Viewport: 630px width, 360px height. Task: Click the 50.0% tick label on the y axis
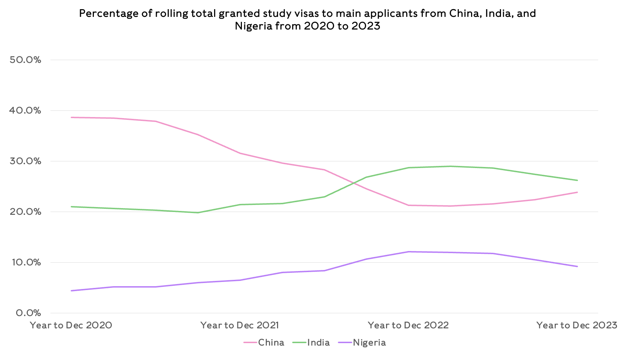(x=25, y=60)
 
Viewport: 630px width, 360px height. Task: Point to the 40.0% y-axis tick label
(x=25, y=110)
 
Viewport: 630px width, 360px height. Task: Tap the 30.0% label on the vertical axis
(x=25, y=161)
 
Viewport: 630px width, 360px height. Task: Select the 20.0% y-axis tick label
(x=25, y=212)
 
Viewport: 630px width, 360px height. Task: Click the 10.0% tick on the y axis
(x=25, y=262)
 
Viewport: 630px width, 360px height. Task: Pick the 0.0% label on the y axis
(x=28, y=313)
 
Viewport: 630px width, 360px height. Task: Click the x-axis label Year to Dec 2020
(x=71, y=325)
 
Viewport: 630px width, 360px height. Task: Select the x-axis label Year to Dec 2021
(x=240, y=325)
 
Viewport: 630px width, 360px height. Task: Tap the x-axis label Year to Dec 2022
(x=409, y=325)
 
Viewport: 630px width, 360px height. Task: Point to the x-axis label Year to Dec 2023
(x=577, y=325)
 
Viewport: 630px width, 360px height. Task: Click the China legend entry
(x=271, y=342)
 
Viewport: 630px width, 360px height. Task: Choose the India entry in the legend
(x=318, y=342)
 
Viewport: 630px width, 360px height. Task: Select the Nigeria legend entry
(x=369, y=342)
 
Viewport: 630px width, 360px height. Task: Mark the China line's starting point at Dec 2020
(x=71, y=117)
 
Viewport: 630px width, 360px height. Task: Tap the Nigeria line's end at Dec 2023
(x=577, y=266)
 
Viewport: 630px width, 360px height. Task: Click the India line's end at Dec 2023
(x=577, y=180)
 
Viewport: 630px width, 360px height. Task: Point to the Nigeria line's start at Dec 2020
(x=71, y=291)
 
